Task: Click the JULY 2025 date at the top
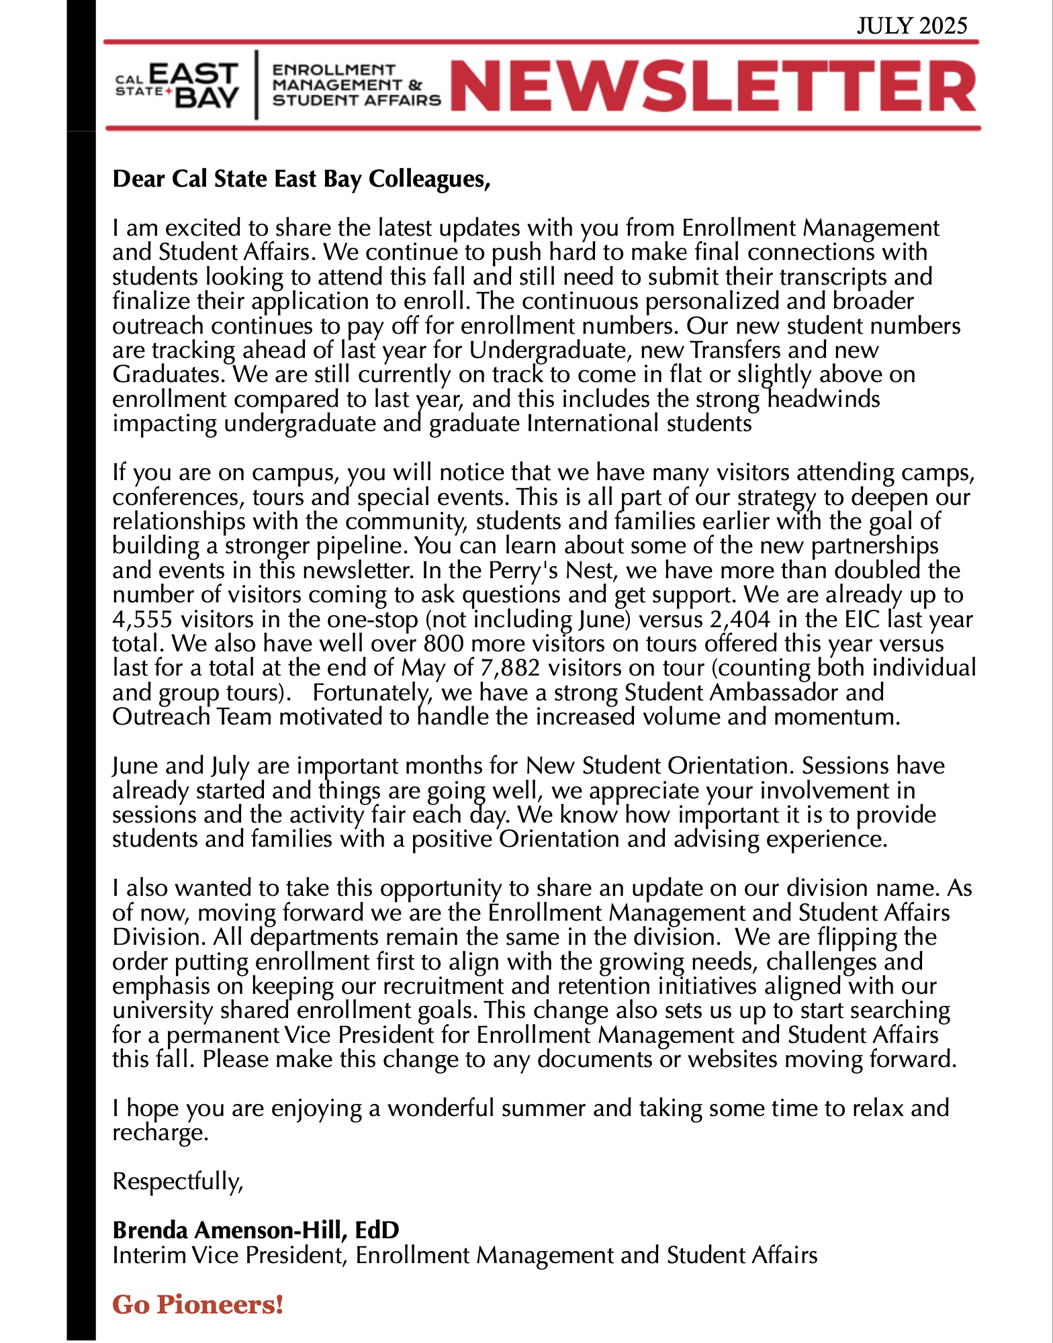(x=911, y=26)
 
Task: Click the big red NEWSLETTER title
(x=713, y=86)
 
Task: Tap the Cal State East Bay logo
(x=178, y=85)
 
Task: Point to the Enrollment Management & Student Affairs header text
(x=356, y=85)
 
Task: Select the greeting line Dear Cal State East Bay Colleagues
(x=302, y=179)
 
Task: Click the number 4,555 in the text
(x=140, y=620)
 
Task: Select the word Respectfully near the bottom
(x=177, y=1181)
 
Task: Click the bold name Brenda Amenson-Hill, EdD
(x=256, y=1230)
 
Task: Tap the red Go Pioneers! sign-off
(x=198, y=1305)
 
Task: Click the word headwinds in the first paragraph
(x=823, y=400)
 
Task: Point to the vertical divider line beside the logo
(x=256, y=85)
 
